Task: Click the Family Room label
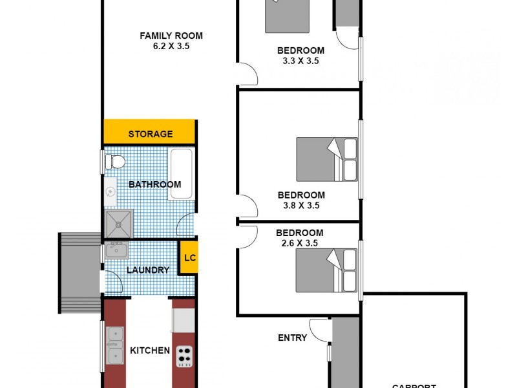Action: click(171, 36)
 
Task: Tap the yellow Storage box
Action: click(150, 134)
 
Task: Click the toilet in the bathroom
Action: click(112, 160)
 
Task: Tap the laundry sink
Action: click(116, 250)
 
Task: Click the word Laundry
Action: click(148, 270)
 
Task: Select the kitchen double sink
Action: click(115, 345)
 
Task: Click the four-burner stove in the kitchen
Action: click(184, 354)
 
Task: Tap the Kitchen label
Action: click(150, 350)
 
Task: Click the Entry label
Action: click(292, 337)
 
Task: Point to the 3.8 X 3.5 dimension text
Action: click(301, 206)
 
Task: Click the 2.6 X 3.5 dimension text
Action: click(299, 244)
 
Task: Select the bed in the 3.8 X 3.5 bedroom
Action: click(326, 159)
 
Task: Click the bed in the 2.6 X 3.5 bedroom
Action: click(326, 270)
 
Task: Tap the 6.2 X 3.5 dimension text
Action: click(171, 47)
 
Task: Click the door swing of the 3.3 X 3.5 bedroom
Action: click(249, 74)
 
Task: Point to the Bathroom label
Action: click(154, 184)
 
